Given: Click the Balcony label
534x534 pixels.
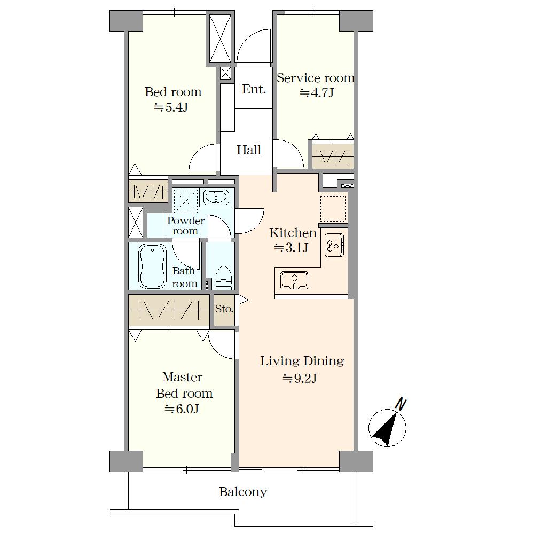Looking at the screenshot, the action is (243, 492).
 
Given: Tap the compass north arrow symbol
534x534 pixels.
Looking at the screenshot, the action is (388, 426).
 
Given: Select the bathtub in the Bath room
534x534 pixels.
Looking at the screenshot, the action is (152, 266).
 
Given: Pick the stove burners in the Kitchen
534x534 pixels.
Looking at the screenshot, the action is (334, 245).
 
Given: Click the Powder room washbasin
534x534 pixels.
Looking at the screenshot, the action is (216, 197).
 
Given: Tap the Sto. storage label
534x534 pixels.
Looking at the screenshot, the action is (224, 309).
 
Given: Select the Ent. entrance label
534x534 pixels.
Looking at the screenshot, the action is (254, 89).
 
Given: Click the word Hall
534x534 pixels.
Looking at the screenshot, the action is (249, 150).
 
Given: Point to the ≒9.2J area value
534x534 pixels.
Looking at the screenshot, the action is (300, 378).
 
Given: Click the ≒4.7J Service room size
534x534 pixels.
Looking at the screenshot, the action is (316, 92).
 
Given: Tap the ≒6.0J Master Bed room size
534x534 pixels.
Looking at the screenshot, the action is (182, 409).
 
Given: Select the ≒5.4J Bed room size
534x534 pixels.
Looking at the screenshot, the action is (171, 107).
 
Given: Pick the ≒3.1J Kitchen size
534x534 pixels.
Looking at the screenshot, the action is (291, 247).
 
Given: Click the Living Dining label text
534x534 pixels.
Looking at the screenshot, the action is (302, 360).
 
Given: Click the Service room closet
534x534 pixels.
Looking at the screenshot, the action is (333, 156).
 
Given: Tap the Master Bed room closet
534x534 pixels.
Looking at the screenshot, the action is (169, 310).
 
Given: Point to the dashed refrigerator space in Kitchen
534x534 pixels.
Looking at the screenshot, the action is (333, 208).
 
